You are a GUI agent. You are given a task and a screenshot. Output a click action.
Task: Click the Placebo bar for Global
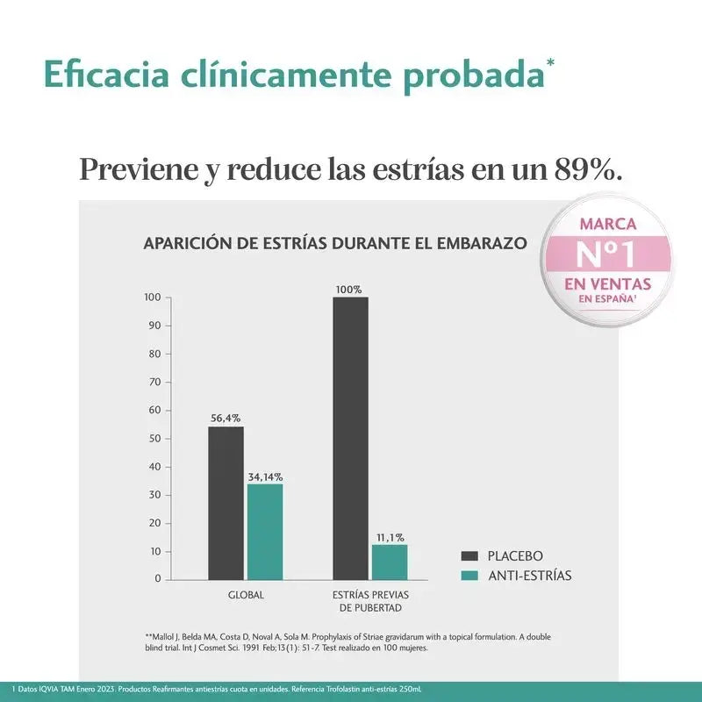click(x=226, y=502)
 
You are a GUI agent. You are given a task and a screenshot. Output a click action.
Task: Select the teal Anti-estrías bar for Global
click(x=265, y=531)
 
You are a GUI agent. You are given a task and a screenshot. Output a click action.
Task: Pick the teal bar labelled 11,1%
click(x=390, y=562)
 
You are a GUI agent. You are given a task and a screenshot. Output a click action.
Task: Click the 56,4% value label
click(x=226, y=418)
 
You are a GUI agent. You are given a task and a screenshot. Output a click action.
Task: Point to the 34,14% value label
click(x=265, y=476)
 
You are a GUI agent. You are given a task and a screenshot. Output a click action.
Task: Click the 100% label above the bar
click(x=348, y=289)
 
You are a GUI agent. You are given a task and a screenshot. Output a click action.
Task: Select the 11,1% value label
click(x=390, y=537)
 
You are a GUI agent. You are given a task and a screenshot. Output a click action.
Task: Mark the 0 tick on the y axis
click(x=158, y=579)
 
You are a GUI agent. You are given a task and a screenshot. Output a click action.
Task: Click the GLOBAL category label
click(x=246, y=595)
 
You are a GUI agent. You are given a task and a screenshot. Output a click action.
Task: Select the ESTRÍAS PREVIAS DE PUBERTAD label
click(x=370, y=601)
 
